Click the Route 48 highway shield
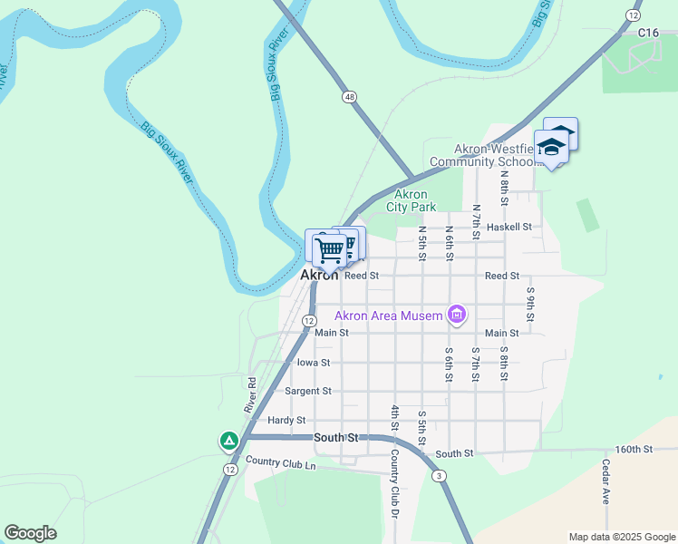pyautogui.click(x=349, y=96)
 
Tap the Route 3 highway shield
pyautogui.click(x=439, y=476)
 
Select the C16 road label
pyautogui.click(x=647, y=33)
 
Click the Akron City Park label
pyautogui.click(x=411, y=200)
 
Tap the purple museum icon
pyautogui.click(x=457, y=315)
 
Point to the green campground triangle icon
pyautogui.click(x=229, y=442)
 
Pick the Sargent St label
pyautogui.click(x=308, y=391)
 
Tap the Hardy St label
pyautogui.click(x=286, y=420)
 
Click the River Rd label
pyautogui.click(x=252, y=396)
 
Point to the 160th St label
pyautogui.click(x=634, y=449)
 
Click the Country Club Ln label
pyautogui.click(x=280, y=465)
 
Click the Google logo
pyautogui.click(x=30, y=533)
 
